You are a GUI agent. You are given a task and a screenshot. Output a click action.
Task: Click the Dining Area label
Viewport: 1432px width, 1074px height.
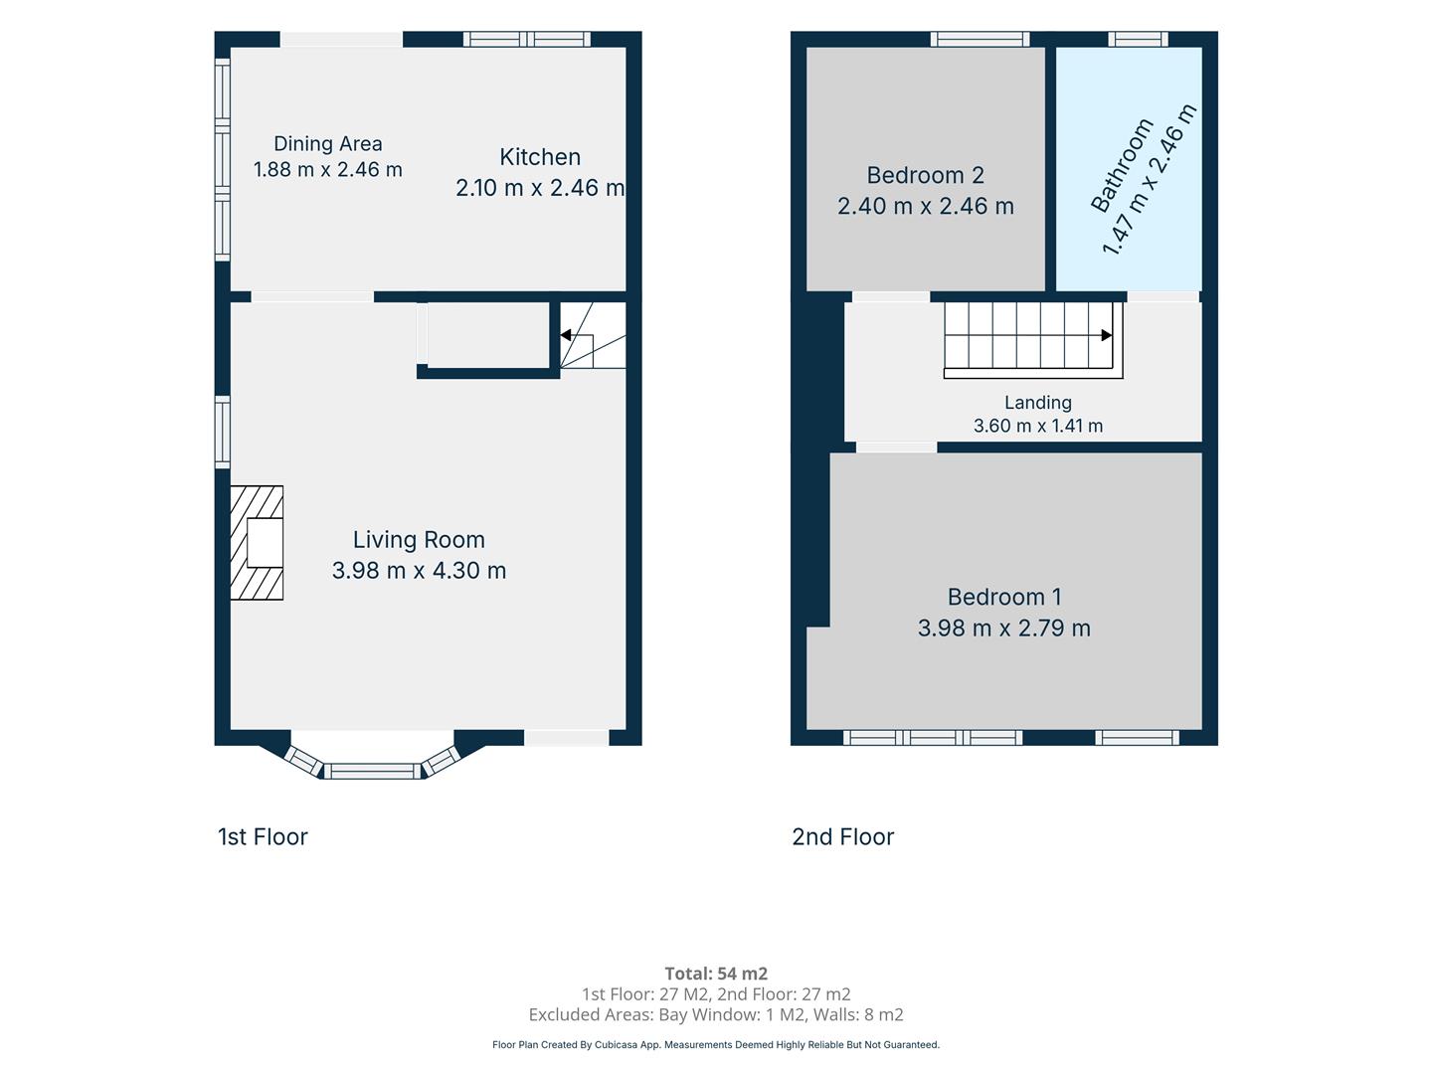(x=327, y=144)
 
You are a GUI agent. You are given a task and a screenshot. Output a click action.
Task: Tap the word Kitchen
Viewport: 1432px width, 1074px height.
(x=540, y=157)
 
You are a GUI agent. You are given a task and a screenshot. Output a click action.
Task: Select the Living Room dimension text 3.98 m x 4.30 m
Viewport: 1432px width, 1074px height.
(x=419, y=571)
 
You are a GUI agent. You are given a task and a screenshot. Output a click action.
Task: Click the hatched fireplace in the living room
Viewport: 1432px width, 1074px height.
(x=257, y=543)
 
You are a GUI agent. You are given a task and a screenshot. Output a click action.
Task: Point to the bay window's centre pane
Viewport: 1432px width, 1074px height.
(x=373, y=771)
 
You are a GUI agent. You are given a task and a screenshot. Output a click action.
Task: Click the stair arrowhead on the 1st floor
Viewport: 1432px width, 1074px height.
(x=566, y=335)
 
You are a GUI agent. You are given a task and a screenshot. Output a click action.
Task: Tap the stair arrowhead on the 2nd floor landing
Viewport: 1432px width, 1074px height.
(x=1107, y=335)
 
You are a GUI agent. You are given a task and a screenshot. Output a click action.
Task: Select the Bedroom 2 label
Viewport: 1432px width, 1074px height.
(x=925, y=175)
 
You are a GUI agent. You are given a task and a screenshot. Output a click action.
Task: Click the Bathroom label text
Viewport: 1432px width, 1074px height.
(x=1122, y=166)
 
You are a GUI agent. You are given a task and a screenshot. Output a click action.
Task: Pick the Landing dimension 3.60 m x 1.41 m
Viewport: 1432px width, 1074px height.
(x=1038, y=426)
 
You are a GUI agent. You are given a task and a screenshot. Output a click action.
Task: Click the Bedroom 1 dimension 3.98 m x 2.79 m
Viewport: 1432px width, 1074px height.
(x=1004, y=627)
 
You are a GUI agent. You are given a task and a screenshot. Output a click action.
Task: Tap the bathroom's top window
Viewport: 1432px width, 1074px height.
(x=1138, y=39)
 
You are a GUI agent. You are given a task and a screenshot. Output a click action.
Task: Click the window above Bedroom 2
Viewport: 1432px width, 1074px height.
(x=980, y=39)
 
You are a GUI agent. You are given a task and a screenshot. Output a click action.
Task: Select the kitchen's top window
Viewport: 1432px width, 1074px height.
(x=527, y=39)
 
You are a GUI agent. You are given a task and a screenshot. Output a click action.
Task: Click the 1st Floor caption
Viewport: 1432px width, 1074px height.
(x=263, y=836)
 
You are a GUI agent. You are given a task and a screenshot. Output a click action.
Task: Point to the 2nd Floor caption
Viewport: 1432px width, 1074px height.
(x=843, y=836)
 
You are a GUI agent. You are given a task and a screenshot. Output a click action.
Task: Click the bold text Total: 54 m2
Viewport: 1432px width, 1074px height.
(x=716, y=974)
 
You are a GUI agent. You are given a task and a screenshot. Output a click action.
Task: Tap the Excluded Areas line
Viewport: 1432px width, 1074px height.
(x=716, y=1014)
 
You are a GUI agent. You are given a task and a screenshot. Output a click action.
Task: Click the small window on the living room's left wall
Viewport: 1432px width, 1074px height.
(x=223, y=432)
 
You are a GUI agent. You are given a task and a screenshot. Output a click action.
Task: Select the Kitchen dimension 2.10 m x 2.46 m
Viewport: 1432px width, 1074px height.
(x=540, y=188)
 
